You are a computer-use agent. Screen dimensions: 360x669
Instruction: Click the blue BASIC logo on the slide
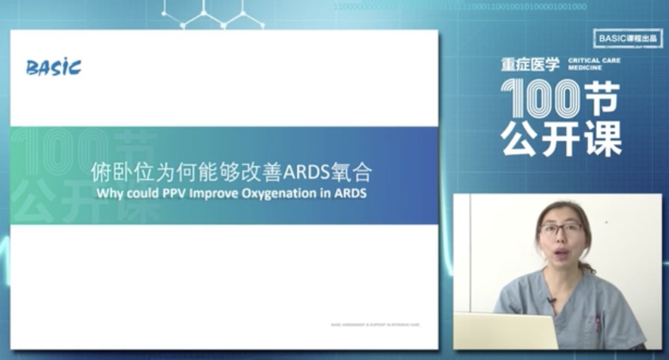[53, 68]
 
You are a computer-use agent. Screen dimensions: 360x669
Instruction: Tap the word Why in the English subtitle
[109, 193]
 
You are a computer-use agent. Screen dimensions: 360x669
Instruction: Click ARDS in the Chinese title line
[304, 172]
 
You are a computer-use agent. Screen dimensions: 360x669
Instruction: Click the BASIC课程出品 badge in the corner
[628, 38]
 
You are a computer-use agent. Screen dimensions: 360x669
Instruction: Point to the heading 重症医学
[530, 64]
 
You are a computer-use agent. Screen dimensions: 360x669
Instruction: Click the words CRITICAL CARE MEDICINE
[594, 64]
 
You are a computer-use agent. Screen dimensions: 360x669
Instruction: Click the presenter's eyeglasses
[560, 230]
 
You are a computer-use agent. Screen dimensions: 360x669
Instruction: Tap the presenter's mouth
[560, 253]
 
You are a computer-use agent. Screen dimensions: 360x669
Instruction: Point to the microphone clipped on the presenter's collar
[552, 300]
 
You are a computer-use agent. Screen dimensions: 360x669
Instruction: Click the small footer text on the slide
[375, 325]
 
